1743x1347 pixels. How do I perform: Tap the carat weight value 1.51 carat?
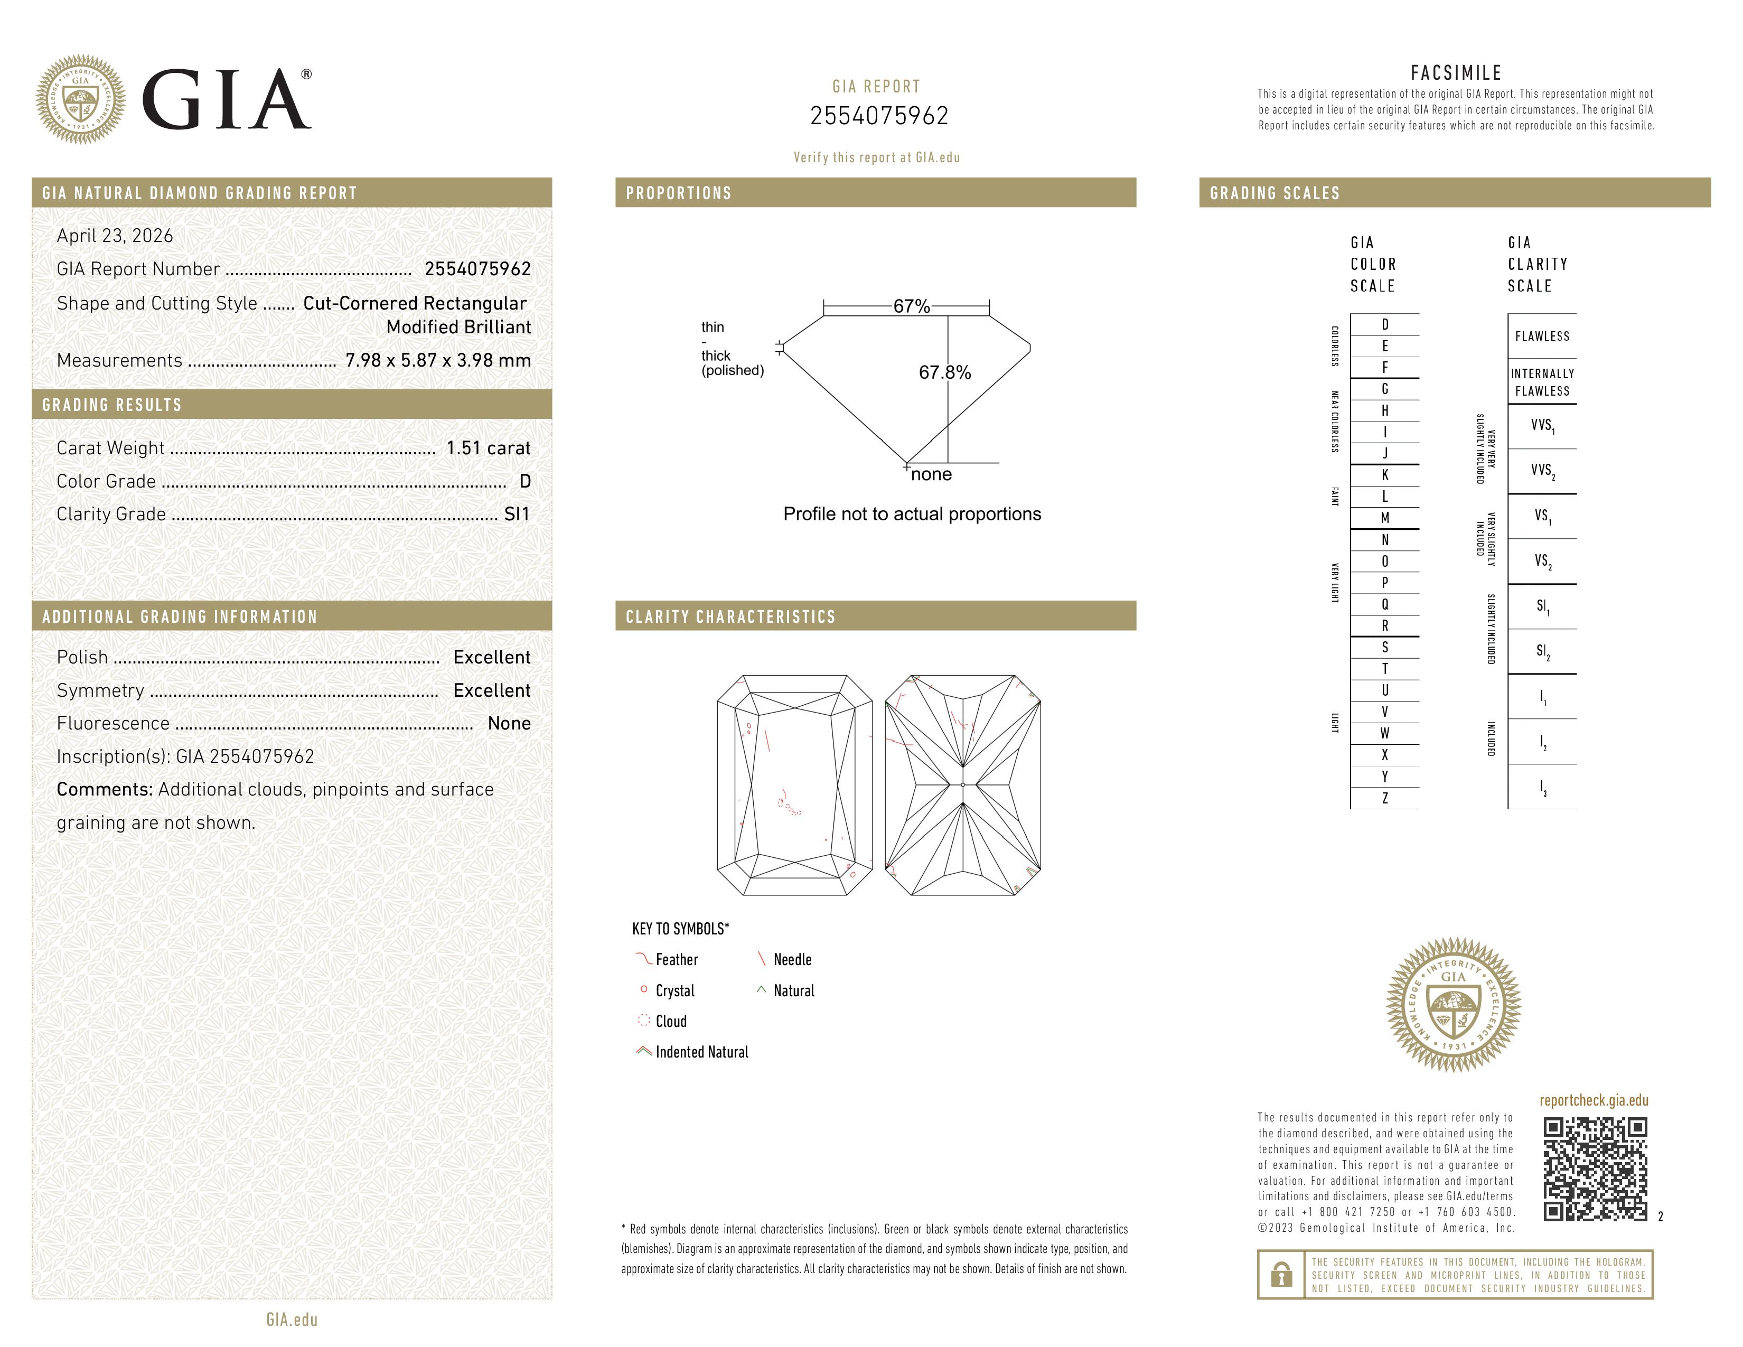coord(488,448)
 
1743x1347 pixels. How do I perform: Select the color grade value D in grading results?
coord(524,481)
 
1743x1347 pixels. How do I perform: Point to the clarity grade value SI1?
coord(517,515)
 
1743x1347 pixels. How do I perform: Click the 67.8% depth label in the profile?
coord(944,372)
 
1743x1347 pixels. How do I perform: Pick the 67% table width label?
coord(911,306)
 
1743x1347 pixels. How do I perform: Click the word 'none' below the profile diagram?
coord(931,475)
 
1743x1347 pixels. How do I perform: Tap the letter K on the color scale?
coord(1385,475)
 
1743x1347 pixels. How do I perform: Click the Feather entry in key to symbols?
coord(676,960)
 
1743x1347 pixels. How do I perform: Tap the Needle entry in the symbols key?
coord(792,960)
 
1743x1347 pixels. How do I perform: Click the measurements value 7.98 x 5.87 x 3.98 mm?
coord(437,361)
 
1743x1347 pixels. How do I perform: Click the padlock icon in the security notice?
coord(1281,1275)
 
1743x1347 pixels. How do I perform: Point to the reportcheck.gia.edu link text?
coord(1593,1100)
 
